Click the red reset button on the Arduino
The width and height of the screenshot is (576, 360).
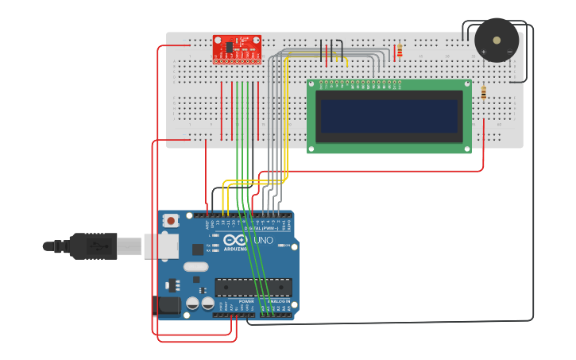[170, 220]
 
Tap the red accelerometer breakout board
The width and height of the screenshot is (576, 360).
[237, 48]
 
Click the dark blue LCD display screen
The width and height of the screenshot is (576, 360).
[389, 116]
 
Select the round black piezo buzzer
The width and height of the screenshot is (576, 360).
[497, 40]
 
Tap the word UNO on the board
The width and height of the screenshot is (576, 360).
[263, 240]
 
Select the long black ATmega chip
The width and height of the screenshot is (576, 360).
[253, 287]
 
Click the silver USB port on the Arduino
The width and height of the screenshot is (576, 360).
[159, 246]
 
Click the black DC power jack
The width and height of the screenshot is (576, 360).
[166, 304]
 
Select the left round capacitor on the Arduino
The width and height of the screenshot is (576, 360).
[192, 304]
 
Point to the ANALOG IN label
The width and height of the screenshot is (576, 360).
[277, 302]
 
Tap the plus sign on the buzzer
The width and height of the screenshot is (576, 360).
[484, 52]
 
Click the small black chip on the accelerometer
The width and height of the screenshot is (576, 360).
[228, 46]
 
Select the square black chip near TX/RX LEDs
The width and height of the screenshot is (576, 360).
[196, 249]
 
